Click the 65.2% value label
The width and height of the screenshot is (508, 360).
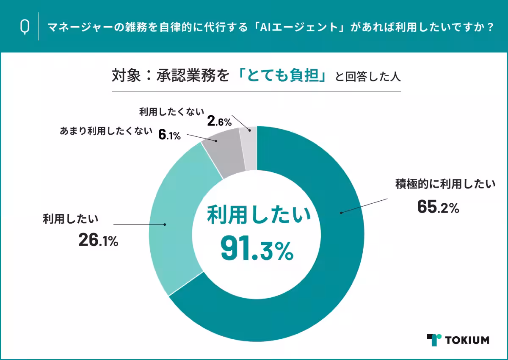[x=438, y=207]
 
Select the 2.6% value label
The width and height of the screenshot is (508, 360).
[x=219, y=122]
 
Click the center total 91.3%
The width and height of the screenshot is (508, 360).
[x=257, y=250]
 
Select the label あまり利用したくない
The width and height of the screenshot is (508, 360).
[x=105, y=131]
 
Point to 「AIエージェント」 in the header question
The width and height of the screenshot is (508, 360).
[x=297, y=27]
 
